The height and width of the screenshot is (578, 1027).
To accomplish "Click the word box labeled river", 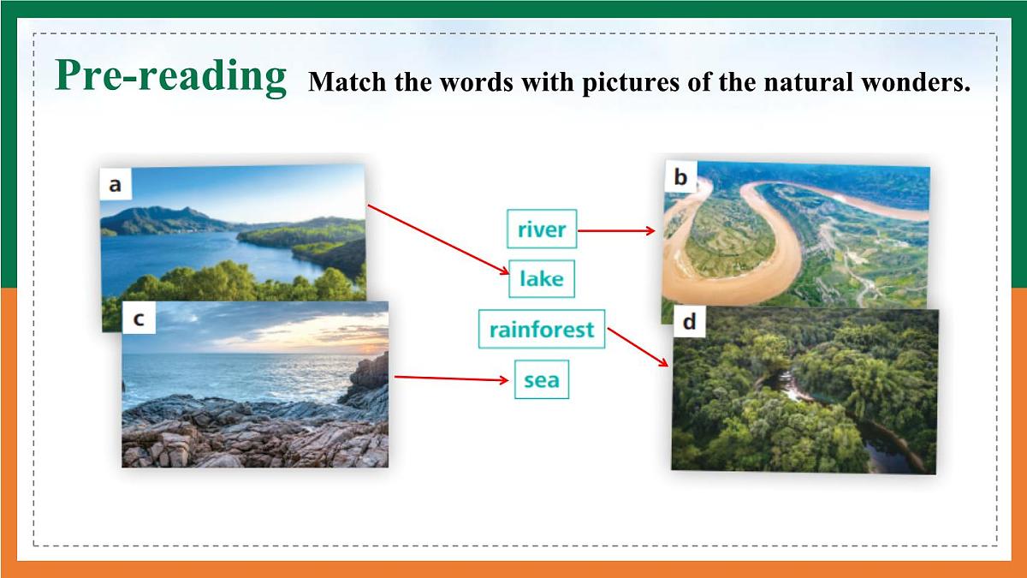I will [x=542, y=229].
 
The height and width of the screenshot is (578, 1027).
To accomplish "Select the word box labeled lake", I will [x=541, y=278].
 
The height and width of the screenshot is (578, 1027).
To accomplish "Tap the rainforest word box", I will [x=542, y=329].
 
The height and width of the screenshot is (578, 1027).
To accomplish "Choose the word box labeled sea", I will [x=541, y=378].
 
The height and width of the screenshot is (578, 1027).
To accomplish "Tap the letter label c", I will [x=139, y=319].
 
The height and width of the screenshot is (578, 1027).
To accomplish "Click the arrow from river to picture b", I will [x=616, y=230].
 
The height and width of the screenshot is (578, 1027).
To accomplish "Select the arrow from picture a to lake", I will [x=436, y=239].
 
